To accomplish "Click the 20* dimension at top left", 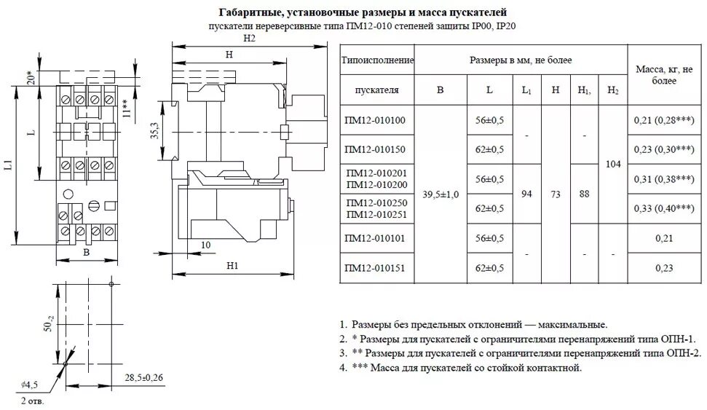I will [x=29, y=76].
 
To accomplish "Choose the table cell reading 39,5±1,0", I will [x=439, y=194].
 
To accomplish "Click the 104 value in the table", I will [x=612, y=165].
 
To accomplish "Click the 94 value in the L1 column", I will [x=525, y=194].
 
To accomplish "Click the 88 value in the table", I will [x=584, y=194].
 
